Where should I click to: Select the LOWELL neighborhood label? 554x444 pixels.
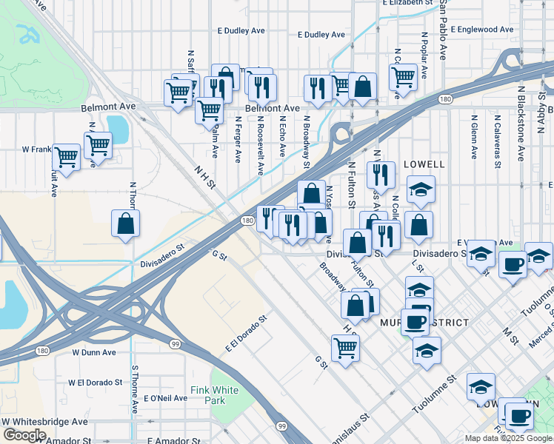click(x=424, y=164)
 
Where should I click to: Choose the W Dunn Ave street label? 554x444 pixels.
click(x=95, y=352)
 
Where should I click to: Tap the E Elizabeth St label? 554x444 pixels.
click(x=407, y=3)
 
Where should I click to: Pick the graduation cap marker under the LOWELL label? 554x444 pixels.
click(x=421, y=191)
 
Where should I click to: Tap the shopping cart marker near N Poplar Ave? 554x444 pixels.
click(x=403, y=77)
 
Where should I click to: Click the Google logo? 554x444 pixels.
click(x=24, y=435)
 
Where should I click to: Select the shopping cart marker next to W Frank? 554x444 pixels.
click(x=67, y=158)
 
